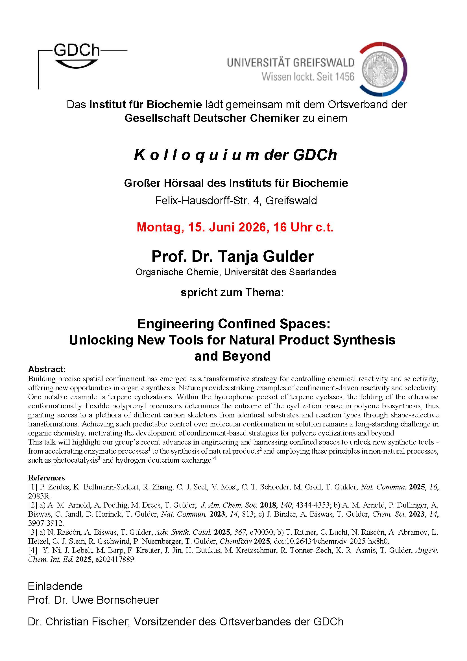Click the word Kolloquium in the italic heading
(197, 155)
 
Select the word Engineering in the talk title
(176, 324)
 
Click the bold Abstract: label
(47, 369)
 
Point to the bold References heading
(46, 478)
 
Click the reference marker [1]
(32, 487)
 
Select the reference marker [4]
(32, 550)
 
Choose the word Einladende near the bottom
(55, 586)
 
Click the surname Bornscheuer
(127, 600)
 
